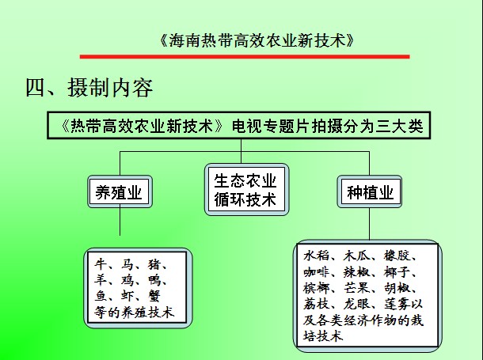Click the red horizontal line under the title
point(245,57)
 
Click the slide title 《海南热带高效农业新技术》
point(257,40)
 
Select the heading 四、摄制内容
point(89,87)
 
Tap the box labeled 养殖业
point(120,191)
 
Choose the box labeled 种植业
point(369,191)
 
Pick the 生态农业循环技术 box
point(246,190)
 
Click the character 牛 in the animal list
point(101,264)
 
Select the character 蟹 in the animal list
point(154,296)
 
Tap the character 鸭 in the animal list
point(154,280)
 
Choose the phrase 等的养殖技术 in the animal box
point(135,313)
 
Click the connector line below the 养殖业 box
point(120,222)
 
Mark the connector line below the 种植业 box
point(369,224)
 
